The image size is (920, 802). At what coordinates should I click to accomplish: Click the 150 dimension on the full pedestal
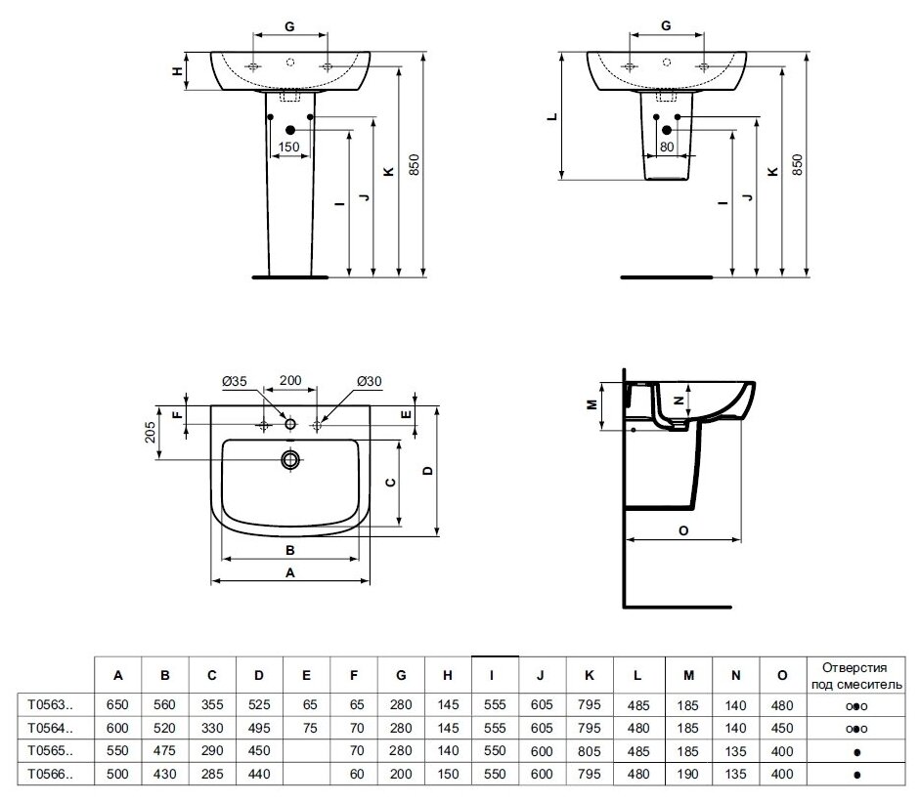(x=288, y=148)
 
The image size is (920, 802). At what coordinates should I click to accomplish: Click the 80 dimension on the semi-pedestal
(x=667, y=148)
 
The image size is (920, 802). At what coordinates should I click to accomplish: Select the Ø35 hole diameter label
(x=234, y=380)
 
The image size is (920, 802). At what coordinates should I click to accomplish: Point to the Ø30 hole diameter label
(x=369, y=380)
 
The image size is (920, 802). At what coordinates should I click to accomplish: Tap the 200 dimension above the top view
(x=290, y=380)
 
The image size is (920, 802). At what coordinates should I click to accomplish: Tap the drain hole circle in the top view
(x=290, y=458)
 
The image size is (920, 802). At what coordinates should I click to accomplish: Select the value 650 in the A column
(x=118, y=702)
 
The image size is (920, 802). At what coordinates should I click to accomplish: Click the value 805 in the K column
(x=588, y=751)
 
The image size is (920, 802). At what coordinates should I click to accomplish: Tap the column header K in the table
(x=588, y=675)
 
